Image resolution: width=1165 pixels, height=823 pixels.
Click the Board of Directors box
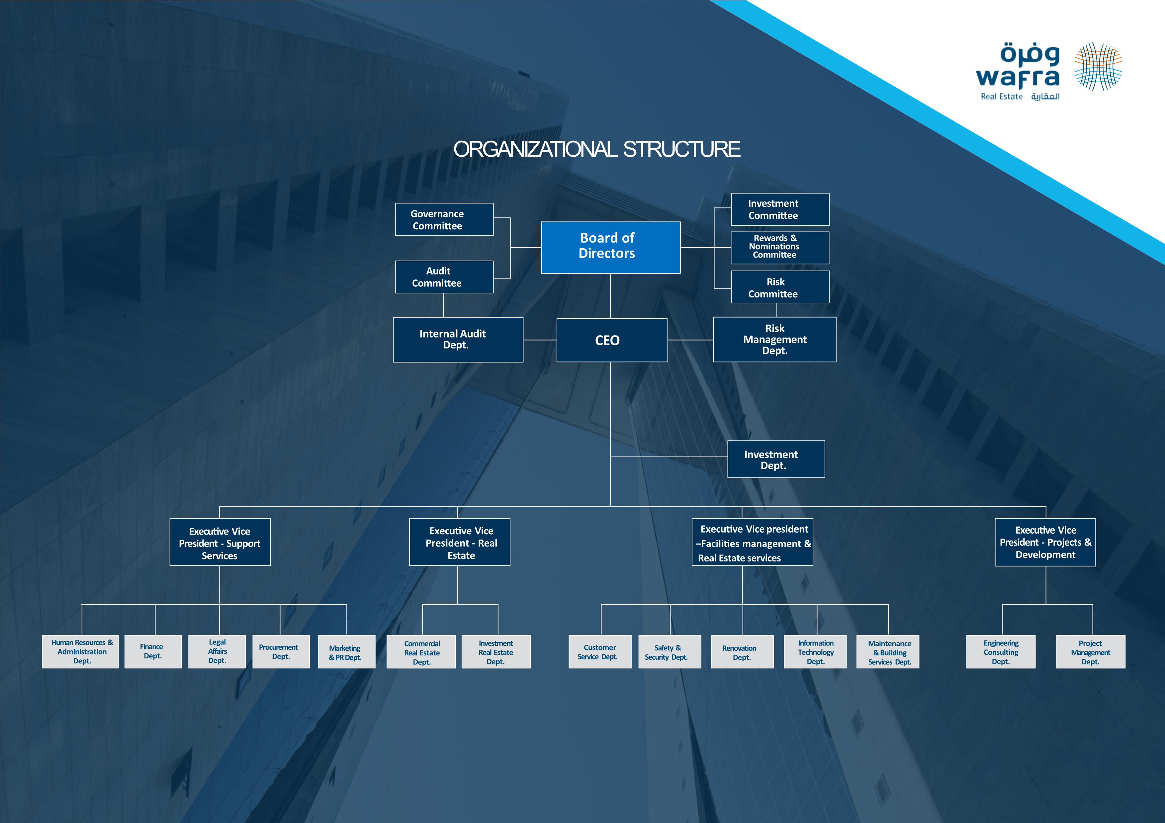(610, 248)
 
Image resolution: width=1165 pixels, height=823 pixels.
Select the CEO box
(611, 340)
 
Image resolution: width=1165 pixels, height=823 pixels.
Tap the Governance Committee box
(444, 220)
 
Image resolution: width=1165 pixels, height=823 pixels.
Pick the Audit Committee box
(444, 277)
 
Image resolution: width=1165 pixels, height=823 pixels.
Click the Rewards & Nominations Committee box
(780, 248)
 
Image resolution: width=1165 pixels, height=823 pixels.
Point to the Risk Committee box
(780, 287)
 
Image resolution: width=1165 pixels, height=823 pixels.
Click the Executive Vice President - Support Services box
(220, 542)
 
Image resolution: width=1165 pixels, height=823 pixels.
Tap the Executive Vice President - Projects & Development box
(1045, 542)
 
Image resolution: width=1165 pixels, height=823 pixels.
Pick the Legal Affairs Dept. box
(217, 652)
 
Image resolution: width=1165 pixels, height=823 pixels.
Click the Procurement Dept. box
(281, 652)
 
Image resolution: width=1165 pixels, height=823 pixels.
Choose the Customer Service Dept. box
(600, 652)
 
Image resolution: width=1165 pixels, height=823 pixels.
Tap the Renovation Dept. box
(742, 652)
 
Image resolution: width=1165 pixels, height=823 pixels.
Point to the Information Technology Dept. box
(815, 652)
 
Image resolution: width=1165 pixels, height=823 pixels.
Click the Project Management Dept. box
(1090, 652)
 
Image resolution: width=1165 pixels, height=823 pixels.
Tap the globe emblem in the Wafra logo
(1098, 66)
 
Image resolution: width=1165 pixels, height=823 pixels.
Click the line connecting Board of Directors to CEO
(610, 296)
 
